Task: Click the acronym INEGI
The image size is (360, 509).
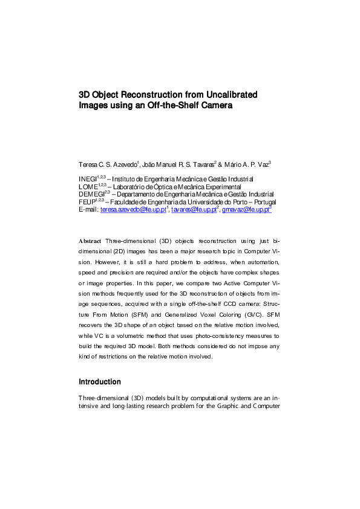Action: pyautogui.click(x=88, y=180)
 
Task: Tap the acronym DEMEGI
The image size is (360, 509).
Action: pyautogui.click(x=91, y=195)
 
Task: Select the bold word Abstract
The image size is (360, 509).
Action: pyautogui.click(x=91, y=258)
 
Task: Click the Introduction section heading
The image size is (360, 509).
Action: pyautogui.click(x=100, y=382)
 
